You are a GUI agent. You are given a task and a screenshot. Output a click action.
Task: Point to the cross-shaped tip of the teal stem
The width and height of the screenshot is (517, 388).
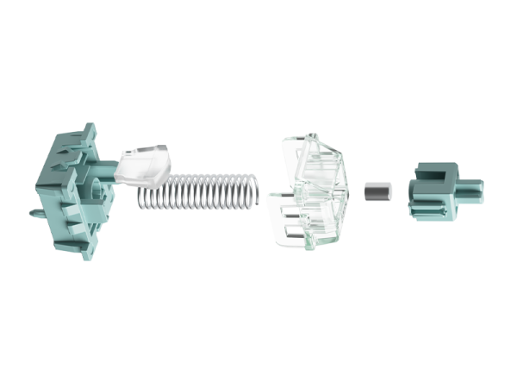coord(474,188)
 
